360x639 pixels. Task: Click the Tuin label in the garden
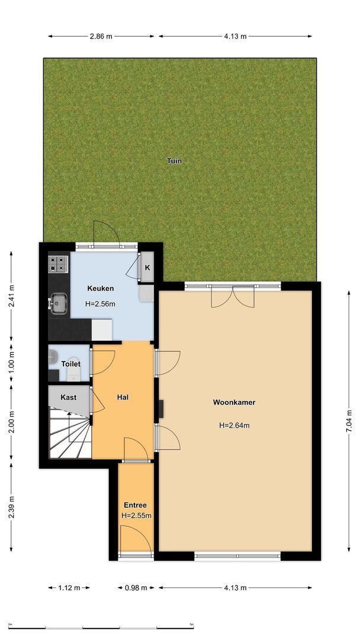(x=174, y=160)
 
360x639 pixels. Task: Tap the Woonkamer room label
(x=234, y=402)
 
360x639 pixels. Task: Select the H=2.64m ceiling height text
(x=234, y=425)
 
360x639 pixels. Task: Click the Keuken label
(x=100, y=289)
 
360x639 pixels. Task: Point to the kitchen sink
(x=58, y=304)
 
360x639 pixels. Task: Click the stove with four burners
(x=59, y=264)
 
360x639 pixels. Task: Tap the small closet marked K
(x=147, y=268)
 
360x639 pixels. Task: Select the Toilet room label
(x=71, y=364)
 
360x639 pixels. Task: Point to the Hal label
(x=123, y=397)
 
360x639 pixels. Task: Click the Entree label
(x=135, y=505)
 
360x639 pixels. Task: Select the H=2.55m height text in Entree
(x=136, y=516)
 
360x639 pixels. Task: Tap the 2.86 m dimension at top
(x=101, y=36)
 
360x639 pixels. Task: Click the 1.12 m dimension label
(x=69, y=588)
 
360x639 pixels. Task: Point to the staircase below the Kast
(x=69, y=435)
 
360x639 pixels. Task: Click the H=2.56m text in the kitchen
(x=100, y=304)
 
